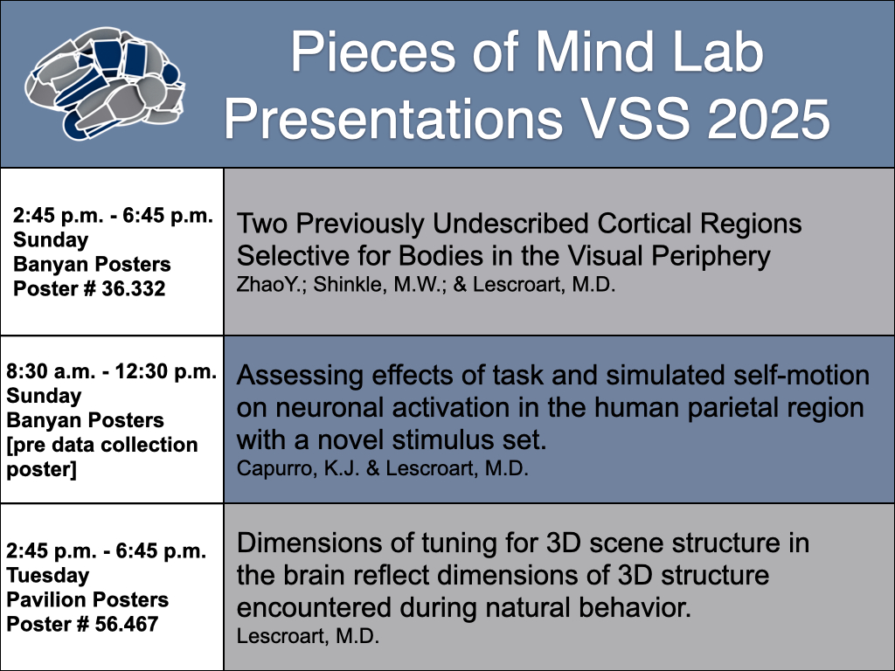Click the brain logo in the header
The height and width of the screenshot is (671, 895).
pos(105,83)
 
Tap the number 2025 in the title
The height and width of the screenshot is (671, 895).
pos(768,119)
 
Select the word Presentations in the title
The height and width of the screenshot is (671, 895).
pos(393,119)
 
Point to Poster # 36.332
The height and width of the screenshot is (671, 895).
pos(89,288)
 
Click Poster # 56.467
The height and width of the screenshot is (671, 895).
pos(82,624)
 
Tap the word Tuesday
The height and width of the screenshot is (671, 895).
pos(48,576)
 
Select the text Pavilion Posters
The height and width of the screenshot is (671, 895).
pos(87,599)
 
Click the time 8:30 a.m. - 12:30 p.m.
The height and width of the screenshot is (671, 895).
pos(112,371)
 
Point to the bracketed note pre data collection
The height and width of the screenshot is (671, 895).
pos(102,445)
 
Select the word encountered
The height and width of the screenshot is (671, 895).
pos(314,608)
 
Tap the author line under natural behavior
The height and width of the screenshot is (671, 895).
pos(309,636)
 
